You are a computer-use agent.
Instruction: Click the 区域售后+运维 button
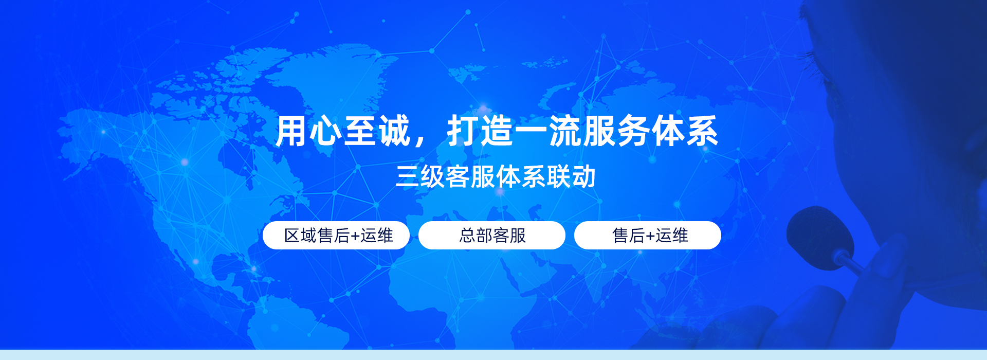click(336, 236)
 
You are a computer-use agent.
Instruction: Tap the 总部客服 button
click(492, 236)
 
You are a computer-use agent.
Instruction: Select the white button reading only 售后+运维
click(648, 236)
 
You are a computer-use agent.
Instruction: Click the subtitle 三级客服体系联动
click(496, 177)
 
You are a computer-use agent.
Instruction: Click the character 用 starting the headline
click(291, 132)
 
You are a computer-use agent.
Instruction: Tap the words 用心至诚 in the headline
click(343, 132)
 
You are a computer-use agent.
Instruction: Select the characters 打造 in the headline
click(480, 132)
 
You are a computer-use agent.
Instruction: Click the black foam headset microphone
click(818, 238)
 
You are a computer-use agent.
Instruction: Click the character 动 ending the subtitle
click(584, 177)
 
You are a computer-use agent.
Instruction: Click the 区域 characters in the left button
click(300, 236)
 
